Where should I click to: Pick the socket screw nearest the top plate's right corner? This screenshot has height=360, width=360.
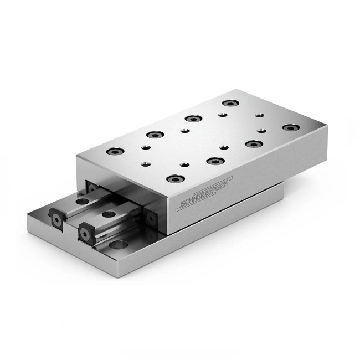pyautogui.click(x=289, y=128)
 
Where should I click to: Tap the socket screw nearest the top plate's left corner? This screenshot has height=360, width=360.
pyautogui.click(x=115, y=151)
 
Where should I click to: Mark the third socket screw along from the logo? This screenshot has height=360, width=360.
pyautogui.click(x=253, y=143)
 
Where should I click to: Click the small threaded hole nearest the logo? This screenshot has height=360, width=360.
pyautogui.click(x=185, y=165)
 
